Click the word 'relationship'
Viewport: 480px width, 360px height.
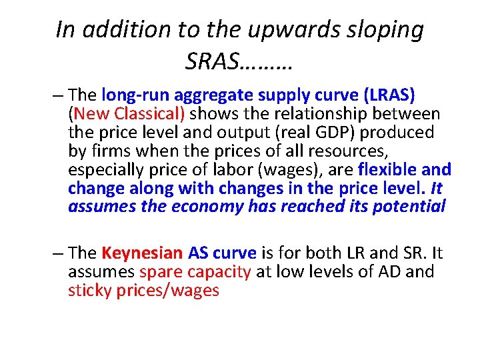(331, 114)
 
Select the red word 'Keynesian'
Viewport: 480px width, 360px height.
(142, 253)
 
